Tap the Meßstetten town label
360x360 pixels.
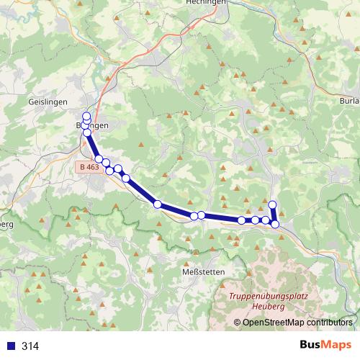pyautogui.click(x=204, y=271)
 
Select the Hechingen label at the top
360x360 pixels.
pyautogui.click(x=206, y=3)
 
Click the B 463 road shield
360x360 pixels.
pyautogui.click(x=88, y=167)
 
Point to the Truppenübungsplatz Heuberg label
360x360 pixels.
pyautogui.click(x=257, y=301)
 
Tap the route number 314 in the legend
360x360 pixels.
pyautogui.click(x=30, y=346)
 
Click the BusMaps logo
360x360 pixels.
pyautogui.click(x=325, y=345)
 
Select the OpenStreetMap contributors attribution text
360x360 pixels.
pyautogui.click(x=297, y=323)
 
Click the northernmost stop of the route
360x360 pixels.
pyautogui.click(x=87, y=117)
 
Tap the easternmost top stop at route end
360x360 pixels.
pyautogui.click(x=272, y=204)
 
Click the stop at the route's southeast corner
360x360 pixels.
pyautogui.click(x=275, y=224)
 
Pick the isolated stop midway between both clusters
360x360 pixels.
pyautogui.click(x=157, y=204)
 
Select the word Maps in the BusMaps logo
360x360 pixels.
pyautogui.click(x=336, y=345)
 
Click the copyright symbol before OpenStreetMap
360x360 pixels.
pyautogui.click(x=238, y=323)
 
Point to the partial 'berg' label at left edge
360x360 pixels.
pyautogui.click(x=6, y=223)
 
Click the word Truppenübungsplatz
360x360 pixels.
pyautogui.click(x=257, y=296)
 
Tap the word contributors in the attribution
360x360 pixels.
pyautogui.click(x=330, y=323)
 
